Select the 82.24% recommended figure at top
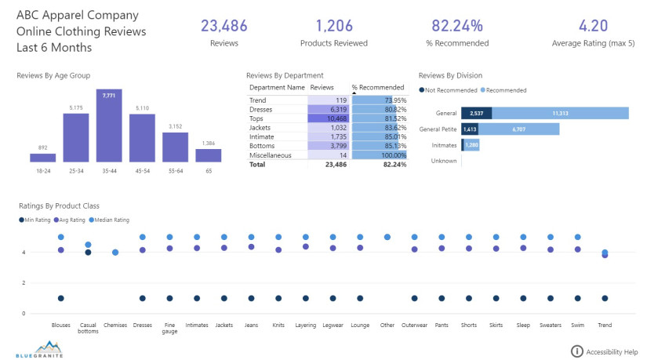click(461, 26)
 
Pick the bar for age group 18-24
click(43, 157)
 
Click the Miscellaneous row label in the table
click(271, 155)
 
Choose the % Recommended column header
click(378, 87)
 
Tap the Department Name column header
click(277, 87)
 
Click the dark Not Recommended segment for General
click(477, 113)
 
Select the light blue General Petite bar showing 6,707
click(518, 129)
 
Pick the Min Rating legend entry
click(37, 220)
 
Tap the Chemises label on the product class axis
click(115, 324)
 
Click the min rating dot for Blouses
click(60, 298)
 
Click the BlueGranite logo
click(38, 348)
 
